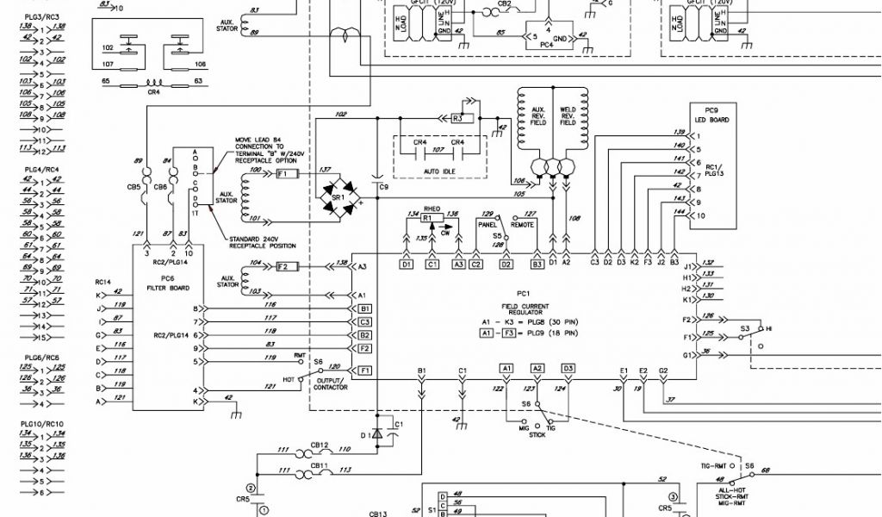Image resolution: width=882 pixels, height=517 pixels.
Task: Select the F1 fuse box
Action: [x=285, y=174]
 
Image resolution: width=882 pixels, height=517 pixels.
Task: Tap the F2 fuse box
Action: [x=285, y=267]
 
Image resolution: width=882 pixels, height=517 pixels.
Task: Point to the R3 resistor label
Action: [x=457, y=118]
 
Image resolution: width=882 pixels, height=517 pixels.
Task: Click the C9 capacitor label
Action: [x=383, y=187]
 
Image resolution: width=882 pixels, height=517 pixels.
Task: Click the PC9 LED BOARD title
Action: [x=711, y=115]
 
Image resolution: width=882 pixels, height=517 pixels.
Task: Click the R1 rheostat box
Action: [x=426, y=219]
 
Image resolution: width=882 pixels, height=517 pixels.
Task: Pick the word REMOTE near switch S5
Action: [x=525, y=224]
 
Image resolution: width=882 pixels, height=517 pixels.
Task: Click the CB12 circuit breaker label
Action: [x=319, y=445]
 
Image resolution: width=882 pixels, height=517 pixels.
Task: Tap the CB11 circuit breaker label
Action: [x=319, y=465]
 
